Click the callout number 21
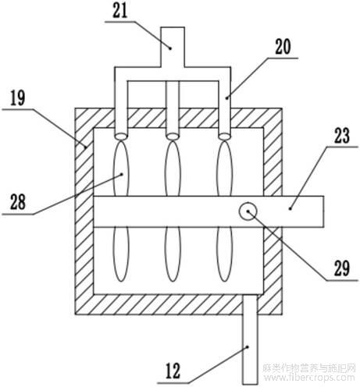click(120, 11)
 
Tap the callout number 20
click(283, 47)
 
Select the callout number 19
click(18, 98)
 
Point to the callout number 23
click(341, 136)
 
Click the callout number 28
click(18, 202)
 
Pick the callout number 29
click(341, 268)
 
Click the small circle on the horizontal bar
click(248, 211)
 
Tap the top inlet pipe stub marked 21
click(173, 47)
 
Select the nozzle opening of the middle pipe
click(173, 136)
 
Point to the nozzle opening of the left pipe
click(121, 136)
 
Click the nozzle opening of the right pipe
click(224, 136)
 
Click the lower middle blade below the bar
click(173, 254)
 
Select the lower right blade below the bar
click(224, 254)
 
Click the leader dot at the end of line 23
click(290, 208)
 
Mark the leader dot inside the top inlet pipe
click(170, 48)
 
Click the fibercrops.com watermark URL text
click(309, 378)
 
